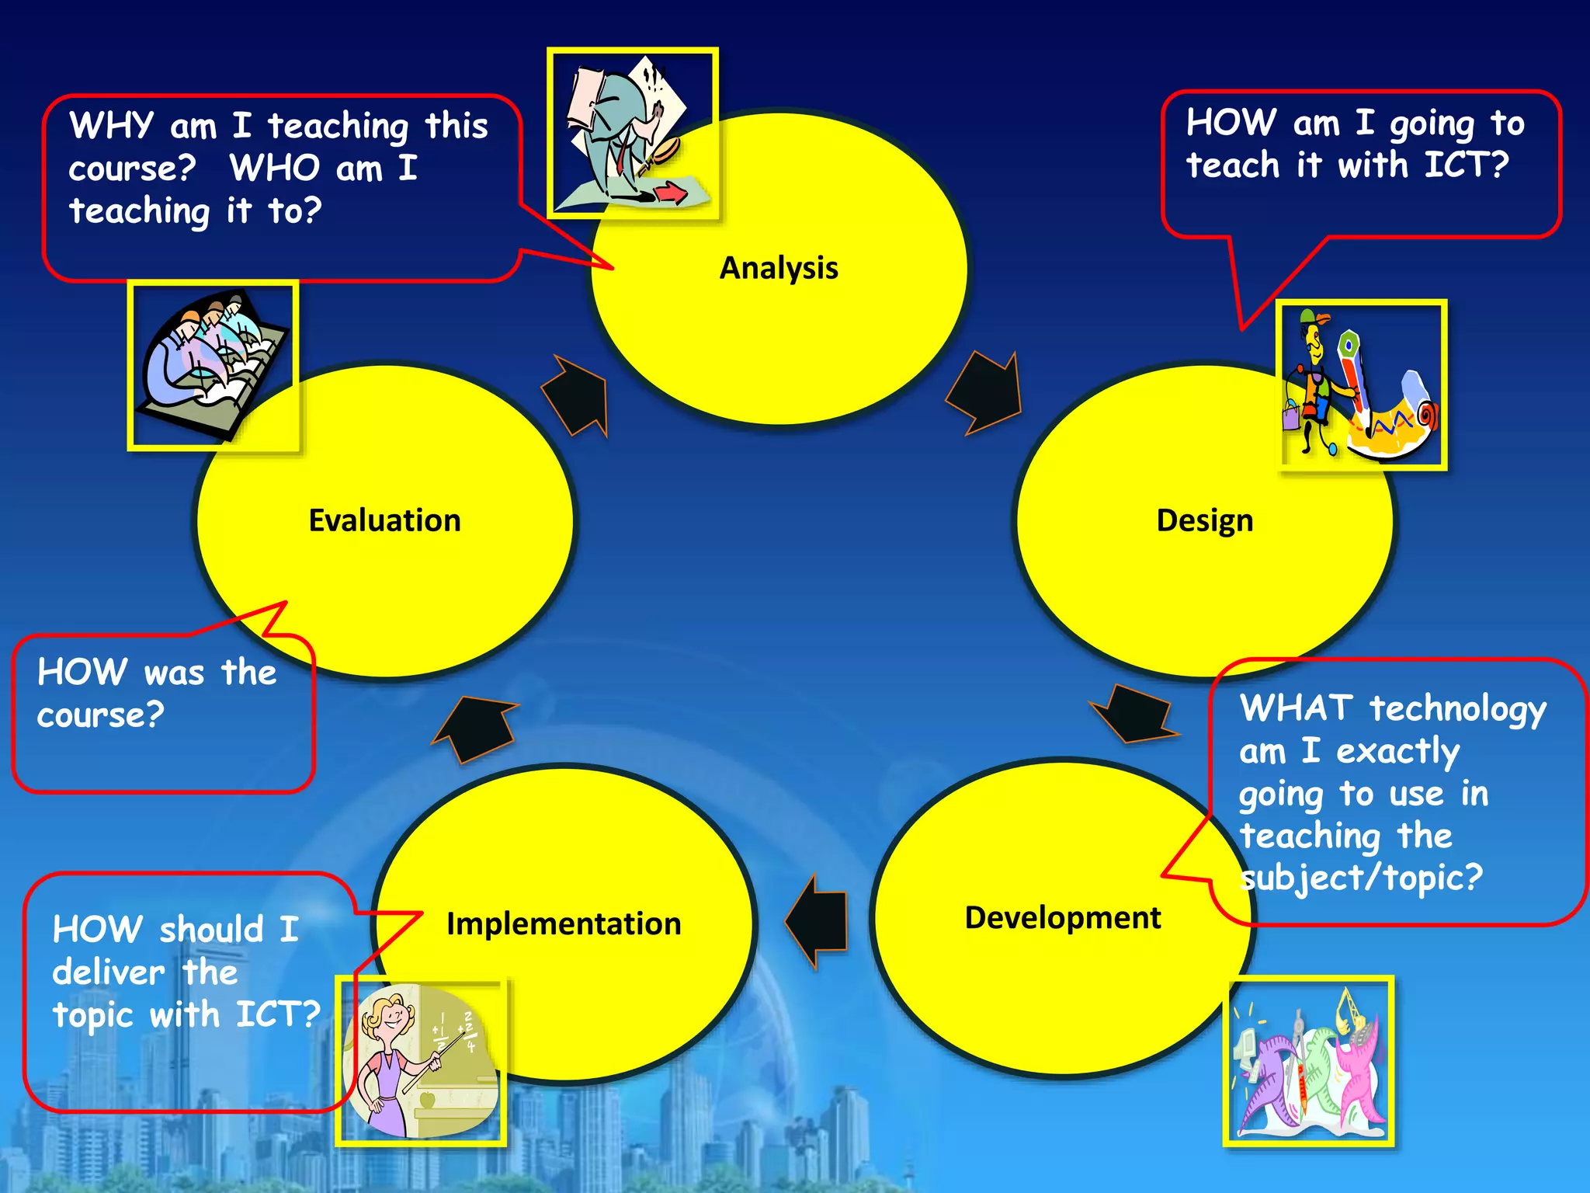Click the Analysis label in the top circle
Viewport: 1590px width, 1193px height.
779,268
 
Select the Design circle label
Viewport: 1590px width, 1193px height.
1204,520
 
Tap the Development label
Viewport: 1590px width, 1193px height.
1062,917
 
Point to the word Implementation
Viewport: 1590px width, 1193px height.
564,923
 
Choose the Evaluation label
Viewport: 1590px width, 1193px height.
384,520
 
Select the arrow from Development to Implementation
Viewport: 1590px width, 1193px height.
818,921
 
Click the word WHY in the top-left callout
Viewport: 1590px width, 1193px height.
112,125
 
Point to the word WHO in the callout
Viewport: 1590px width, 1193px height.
275,168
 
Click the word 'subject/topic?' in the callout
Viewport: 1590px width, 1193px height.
1360,878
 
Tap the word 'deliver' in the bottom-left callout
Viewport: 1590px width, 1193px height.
109,972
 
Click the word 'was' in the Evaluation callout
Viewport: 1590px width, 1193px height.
174,673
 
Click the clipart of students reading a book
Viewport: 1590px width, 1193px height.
214,365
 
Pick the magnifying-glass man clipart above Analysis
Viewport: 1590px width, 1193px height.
632,134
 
